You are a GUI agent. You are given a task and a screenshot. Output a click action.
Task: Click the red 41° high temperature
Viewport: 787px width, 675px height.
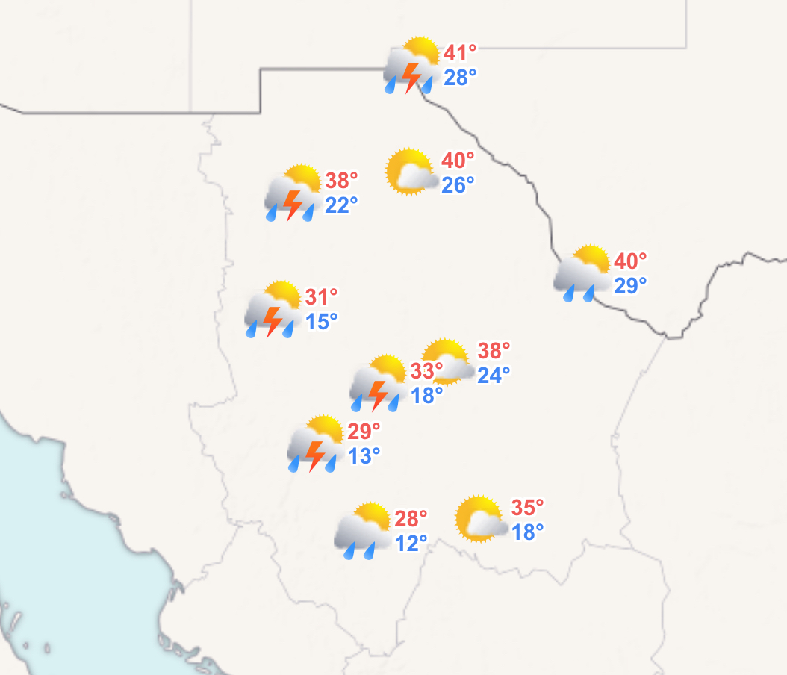460,53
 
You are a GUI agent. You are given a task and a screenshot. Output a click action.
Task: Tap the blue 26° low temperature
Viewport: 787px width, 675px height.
458,184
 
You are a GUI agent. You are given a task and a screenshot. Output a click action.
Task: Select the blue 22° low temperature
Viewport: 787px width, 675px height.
341,204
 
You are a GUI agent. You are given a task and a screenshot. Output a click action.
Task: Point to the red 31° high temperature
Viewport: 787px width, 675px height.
321,297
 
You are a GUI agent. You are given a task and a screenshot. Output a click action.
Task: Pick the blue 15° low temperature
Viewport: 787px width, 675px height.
321,322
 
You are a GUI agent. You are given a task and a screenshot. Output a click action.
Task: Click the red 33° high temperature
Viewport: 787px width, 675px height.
427,370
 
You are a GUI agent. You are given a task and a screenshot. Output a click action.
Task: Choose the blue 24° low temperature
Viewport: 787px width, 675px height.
494,374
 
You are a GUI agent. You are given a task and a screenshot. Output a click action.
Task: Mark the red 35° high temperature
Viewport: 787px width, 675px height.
527,508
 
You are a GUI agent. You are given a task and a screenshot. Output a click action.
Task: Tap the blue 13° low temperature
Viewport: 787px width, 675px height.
364,455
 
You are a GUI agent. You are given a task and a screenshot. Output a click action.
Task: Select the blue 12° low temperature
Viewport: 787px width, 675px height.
411,543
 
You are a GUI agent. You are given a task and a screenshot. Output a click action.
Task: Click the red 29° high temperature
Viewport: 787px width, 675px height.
364,431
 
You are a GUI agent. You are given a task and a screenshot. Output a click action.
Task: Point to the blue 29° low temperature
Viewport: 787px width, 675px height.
630,284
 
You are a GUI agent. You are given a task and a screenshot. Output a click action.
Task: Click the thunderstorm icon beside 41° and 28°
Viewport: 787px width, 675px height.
410,67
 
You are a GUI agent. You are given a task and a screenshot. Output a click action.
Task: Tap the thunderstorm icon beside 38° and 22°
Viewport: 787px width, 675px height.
292,193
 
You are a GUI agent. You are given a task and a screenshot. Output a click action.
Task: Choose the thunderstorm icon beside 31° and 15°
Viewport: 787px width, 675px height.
272,310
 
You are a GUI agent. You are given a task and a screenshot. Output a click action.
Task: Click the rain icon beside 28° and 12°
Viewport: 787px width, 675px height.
363,531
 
